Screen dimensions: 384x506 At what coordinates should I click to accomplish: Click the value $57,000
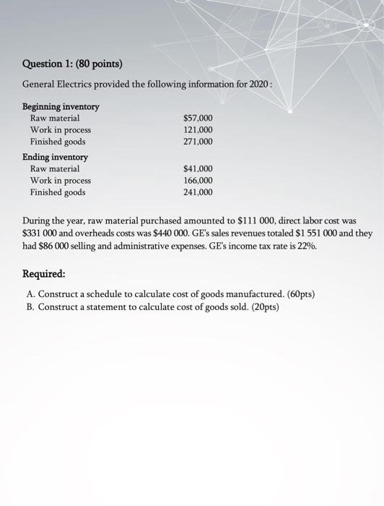198,118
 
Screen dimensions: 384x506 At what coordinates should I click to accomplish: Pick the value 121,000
198,130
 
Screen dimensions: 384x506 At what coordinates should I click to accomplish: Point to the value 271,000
198,142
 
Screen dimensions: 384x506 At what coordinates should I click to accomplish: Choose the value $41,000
198,168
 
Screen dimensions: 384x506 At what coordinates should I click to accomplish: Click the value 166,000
198,181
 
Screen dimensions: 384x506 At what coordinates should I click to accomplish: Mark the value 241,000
198,193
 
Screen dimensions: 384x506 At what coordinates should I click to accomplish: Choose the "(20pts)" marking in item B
261,307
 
